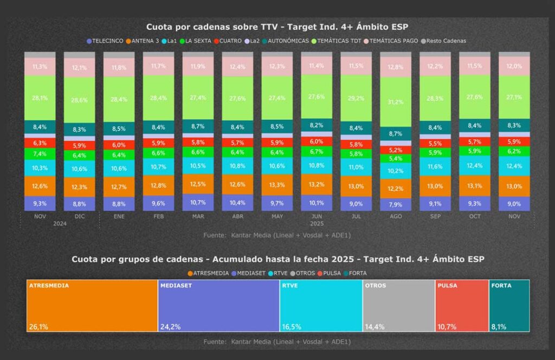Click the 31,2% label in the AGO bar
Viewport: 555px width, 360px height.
point(396,102)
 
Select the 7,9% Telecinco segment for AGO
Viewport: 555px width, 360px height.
point(396,204)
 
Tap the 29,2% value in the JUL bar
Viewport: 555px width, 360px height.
point(356,99)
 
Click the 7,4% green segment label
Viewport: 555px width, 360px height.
point(40,154)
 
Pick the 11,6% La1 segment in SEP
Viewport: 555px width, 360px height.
point(435,166)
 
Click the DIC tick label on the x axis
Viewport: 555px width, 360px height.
point(79,216)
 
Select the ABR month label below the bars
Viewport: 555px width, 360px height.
point(237,216)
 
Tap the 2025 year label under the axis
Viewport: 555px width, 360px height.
point(317,223)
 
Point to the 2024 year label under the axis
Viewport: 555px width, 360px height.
point(60,223)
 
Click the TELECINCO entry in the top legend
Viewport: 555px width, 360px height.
point(105,41)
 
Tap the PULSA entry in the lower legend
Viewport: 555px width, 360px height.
point(331,273)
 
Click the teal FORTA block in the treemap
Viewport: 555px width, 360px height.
point(509,305)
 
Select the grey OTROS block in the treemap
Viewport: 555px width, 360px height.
point(398,305)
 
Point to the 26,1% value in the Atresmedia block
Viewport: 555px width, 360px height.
point(38,326)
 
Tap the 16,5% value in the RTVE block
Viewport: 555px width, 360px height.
point(291,326)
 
